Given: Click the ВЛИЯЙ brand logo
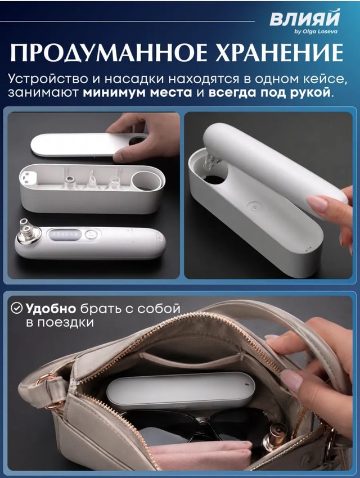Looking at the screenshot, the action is click(x=304, y=19).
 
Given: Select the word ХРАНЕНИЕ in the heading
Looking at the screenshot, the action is click(x=279, y=53).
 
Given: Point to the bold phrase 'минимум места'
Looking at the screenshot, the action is click(x=137, y=92).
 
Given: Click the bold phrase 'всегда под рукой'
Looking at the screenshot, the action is click(x=269, y=93).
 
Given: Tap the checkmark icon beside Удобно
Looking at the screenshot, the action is click(x=16, y=308).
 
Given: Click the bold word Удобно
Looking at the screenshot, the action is click(x=51, y=309).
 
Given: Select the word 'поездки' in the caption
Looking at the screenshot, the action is click(x=60, y=323).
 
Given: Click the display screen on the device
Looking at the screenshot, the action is click(x=65, y=235).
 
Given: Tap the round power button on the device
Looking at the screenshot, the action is click(x=90, y=235).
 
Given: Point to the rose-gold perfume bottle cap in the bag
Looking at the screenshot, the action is click(x=275, y=434).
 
